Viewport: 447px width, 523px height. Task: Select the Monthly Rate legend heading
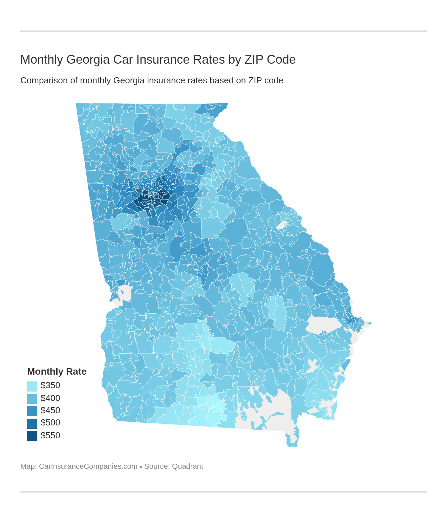click(x=57, y=372)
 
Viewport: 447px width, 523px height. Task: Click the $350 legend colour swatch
click(x=32, y=386)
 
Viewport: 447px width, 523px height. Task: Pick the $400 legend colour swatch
click(x=32, y=399)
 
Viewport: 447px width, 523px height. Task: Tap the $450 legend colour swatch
click(x=32, y=411)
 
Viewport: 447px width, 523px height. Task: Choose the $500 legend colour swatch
click(x=32, y=423)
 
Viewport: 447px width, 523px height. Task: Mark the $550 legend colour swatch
click(x=32, y=436)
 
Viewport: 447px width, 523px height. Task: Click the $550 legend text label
click(x=50, y=436)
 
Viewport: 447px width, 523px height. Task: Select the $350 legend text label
click(x=50, y=385)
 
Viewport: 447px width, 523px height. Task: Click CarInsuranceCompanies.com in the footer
click(x=88, y=466)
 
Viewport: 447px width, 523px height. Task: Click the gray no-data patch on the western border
click(x=124, y=293)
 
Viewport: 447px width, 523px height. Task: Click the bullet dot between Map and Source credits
click(x=141, y=467)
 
